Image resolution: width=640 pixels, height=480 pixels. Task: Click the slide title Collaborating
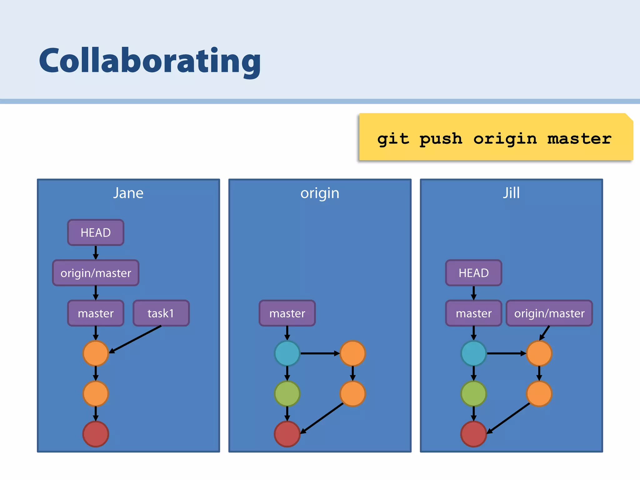(150, 61)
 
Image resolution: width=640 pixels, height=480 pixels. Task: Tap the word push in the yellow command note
(441, 139)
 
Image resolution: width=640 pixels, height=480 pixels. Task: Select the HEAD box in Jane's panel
(96, 232)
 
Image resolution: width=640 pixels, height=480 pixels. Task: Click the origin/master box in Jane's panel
(96, 273)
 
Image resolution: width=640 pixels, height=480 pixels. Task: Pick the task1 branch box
(161, 313)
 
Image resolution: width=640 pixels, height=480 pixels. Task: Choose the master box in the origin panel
(287, 313)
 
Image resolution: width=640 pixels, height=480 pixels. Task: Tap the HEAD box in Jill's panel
(473, 273)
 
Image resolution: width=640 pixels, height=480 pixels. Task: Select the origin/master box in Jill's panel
(549, 313)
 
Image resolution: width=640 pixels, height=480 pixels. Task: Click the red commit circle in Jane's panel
(96, 434)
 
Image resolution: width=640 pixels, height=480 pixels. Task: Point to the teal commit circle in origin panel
(287, 353)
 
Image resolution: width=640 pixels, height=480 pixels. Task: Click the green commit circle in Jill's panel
(473, 393)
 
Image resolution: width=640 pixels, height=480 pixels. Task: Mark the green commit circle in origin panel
(287, 393)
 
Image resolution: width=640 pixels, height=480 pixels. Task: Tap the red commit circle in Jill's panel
(473, 434)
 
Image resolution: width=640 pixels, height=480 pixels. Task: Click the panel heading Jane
(128, 193)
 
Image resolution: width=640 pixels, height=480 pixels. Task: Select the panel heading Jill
(511, 193)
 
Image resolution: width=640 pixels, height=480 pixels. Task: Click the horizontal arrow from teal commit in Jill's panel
(506, 353)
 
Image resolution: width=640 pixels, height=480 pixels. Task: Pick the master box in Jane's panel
(96, 313)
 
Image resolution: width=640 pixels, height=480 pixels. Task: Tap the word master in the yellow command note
(579, 139)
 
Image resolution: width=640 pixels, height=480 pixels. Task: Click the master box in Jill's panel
(473, 313)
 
